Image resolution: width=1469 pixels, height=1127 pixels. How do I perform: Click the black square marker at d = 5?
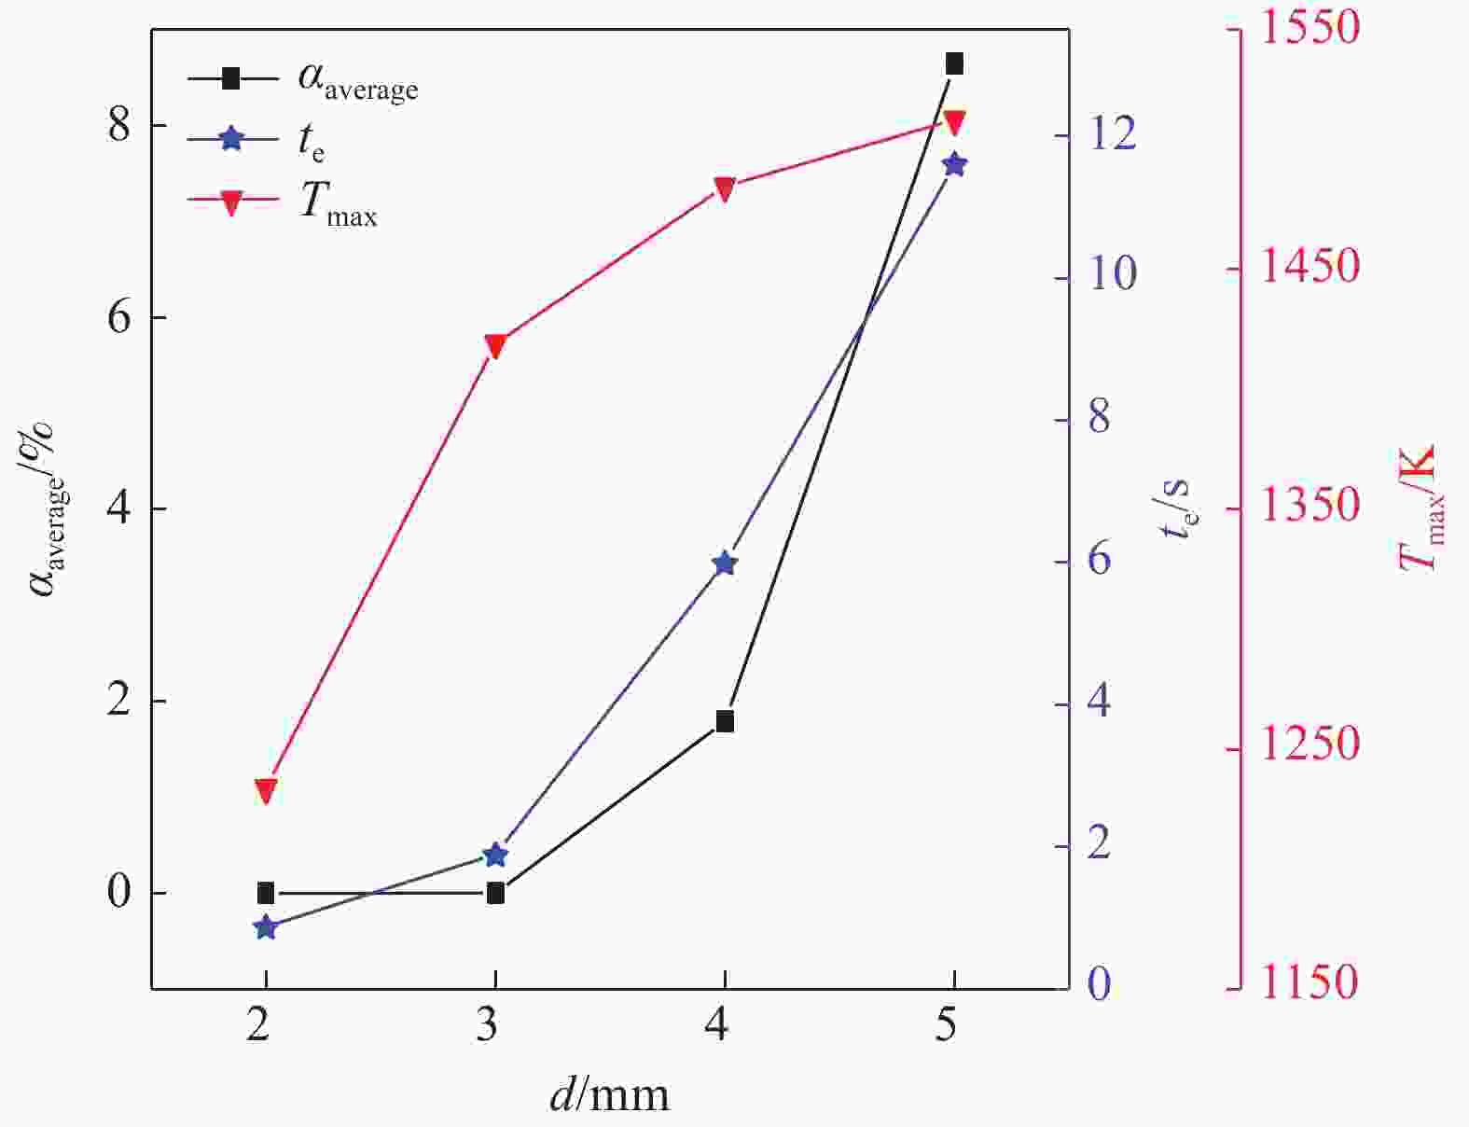coord(954,63)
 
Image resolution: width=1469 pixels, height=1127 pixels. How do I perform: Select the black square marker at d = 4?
coord(725,721)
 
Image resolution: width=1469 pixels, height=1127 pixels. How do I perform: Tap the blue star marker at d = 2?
coord(266,927)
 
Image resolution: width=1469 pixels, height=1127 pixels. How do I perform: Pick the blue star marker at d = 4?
coord(725,563)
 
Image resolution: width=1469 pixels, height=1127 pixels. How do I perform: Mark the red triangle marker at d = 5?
coord(954,122)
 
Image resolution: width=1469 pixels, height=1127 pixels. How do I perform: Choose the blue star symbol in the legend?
coord(232,140)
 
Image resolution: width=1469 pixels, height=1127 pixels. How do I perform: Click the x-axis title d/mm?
coord(609,1093)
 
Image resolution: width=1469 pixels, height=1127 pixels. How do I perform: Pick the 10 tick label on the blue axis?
coord(1110,274)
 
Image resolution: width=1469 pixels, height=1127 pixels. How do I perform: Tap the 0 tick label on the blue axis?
coord(1100,983)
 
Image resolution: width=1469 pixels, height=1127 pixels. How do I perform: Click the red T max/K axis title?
coord(1419,508)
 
